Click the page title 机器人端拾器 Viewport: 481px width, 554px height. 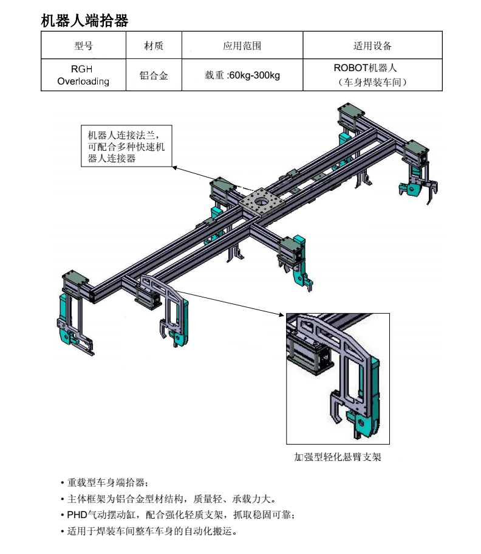coord(84,21)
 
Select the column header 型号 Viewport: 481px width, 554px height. coord(83,46)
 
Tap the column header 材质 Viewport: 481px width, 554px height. coord(154,46)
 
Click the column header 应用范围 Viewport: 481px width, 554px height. coord(242,46)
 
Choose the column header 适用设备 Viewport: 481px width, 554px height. coord(372,46)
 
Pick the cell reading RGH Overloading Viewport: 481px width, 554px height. coord(83,75)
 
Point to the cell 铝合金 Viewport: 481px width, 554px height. coord(154,75)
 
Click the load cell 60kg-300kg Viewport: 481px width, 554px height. coord(242,75)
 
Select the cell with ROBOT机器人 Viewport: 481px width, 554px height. coord(372,75)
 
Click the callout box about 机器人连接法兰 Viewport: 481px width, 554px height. coord(127,147)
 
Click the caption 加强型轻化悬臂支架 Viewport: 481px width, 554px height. coord(338,457)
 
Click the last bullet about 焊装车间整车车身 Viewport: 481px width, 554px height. coord(152,531)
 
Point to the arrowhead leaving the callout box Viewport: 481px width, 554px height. coord(175,167)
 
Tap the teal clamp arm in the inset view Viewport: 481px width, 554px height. coord(372,395)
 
